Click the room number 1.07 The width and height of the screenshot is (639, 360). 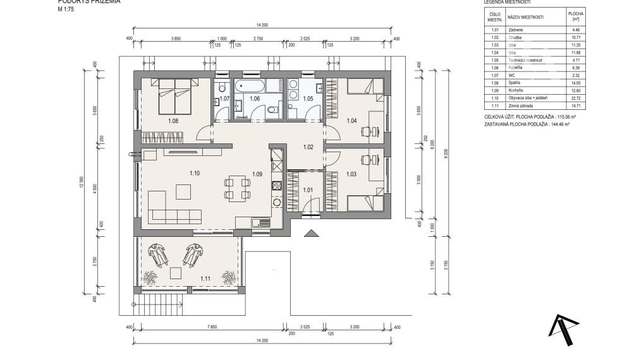coord(224,99)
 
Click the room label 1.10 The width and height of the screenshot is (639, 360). coord(195,173)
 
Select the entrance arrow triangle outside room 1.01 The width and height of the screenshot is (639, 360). coord(312,234)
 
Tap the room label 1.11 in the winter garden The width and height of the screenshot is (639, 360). coord(205,278)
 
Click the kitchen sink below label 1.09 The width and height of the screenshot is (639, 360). coord(257,222)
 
